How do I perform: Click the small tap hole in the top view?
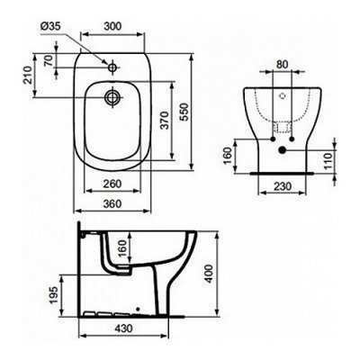[112, 67]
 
